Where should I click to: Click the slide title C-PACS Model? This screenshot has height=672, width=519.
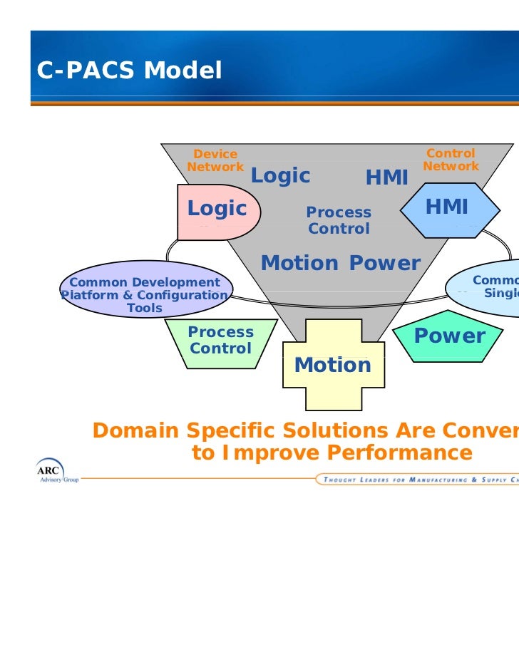coord(129,71)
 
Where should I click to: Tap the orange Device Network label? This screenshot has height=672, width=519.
coord(215,160)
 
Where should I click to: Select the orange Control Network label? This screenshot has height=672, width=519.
coord(451,160)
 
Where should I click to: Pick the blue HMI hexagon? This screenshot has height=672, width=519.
coord(447,208)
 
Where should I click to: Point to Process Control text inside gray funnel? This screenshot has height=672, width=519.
coord(339,221)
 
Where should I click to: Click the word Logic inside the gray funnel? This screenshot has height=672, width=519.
coord(280,176)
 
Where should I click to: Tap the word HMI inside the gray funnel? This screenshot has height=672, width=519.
coord(386,178)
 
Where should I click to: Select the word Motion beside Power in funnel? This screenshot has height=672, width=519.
coord(299,263)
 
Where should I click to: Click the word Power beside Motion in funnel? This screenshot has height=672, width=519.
coord(385,263)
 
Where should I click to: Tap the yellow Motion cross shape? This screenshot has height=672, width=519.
coord(332,365)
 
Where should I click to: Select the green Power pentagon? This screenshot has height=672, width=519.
coord(449,336)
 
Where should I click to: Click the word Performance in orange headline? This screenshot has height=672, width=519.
coord(399,453)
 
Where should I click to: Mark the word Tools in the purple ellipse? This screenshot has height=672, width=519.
coord(145,309)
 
